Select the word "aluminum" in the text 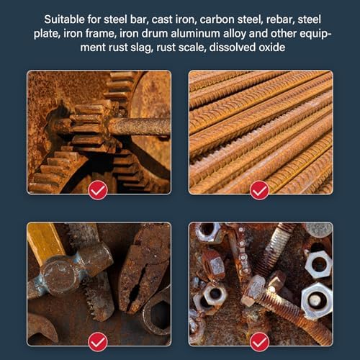pyautogui.click(x=195, y=33)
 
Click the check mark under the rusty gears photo pyautogui.click(x=98, y=190)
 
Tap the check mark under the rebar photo pyautogui.click(x=259, y=190)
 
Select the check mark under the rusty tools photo pyautogui.click(x=98, y=342)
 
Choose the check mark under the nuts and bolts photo pyautogui.click(x=259, y=342)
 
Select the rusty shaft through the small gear pyautogui.click(x=139, y=127)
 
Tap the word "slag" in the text pyautogui.click(x=141, y=48)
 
